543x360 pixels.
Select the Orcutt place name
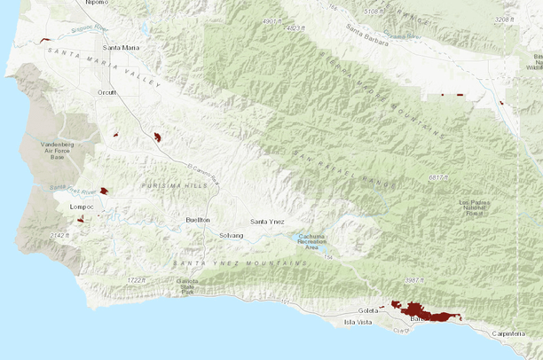click(106, 91)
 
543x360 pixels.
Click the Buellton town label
click(198, 219)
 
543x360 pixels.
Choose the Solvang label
click(231, 235)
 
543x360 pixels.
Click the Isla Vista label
click(358, 322)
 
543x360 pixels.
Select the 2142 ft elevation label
click(59, 235)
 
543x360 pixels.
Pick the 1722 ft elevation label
click(136, 280)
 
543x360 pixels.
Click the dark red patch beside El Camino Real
click(157, 137)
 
